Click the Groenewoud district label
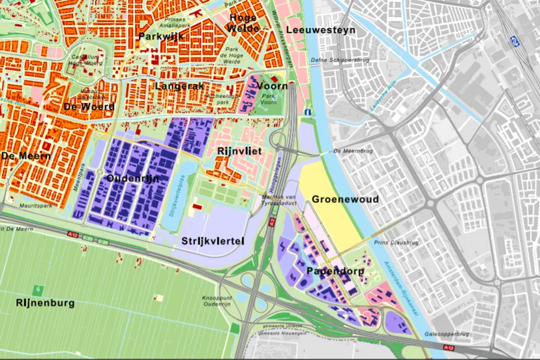345,199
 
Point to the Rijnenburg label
45,303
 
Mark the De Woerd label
89,106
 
